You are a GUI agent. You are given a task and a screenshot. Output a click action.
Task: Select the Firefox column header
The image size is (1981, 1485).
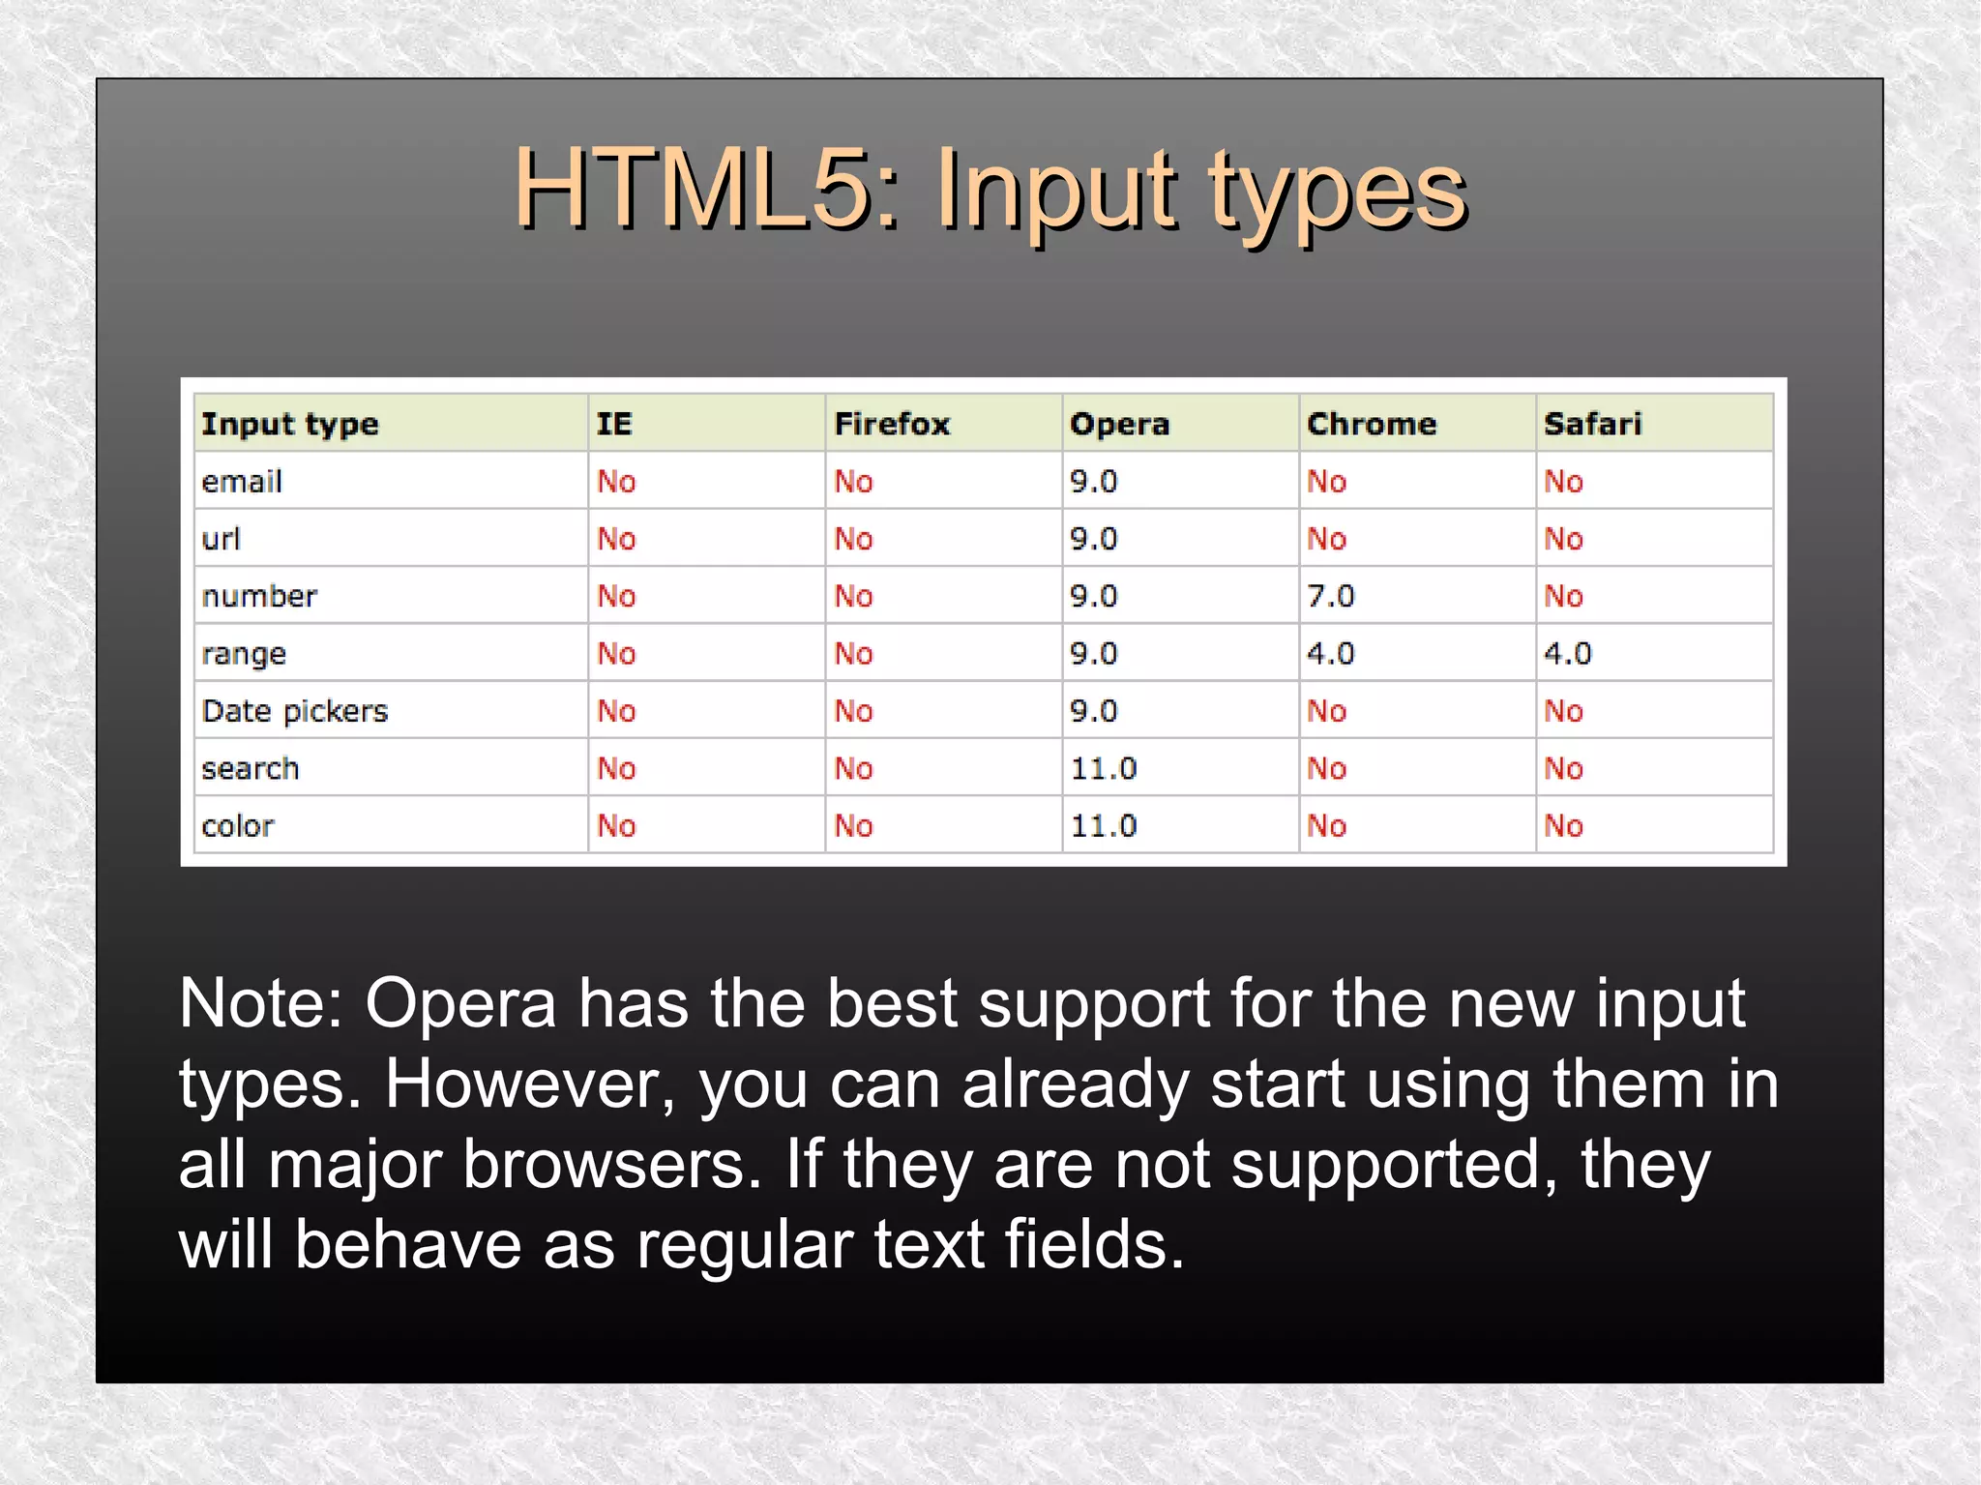click(892, 424)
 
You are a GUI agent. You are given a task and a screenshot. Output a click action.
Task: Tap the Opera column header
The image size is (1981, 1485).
click(1119, 424)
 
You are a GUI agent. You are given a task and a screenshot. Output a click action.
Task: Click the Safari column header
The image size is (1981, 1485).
click(1592, 424)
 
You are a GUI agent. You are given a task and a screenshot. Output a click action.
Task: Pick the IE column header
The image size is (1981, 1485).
click(614, 424)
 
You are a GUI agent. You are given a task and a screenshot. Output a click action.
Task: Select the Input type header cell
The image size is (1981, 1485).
click(290, 424)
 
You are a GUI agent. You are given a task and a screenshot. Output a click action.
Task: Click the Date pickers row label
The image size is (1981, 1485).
click(295, 711)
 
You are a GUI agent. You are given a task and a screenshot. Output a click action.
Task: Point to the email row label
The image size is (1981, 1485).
click(242, 481)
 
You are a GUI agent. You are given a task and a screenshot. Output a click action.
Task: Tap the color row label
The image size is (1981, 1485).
click(238, 826)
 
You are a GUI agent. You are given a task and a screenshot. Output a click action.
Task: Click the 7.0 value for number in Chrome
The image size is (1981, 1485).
click(1330, 596)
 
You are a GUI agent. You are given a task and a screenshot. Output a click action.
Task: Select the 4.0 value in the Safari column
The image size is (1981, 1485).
click(1567, 654)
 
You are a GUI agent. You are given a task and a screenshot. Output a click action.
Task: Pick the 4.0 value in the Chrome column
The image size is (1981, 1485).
click(1330, 654)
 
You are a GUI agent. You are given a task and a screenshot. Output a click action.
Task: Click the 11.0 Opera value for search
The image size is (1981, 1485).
click(1103, 769)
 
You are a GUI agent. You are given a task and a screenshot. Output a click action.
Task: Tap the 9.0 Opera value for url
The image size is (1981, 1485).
click(1093, 539)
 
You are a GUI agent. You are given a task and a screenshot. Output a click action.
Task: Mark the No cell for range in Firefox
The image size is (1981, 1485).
click(853, 654)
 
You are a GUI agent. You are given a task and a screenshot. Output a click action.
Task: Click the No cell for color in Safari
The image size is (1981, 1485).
click(1563, 826)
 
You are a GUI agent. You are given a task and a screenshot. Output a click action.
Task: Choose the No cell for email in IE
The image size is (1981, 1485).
click(616, 481)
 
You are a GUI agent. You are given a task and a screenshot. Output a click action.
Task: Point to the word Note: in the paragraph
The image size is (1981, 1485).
click(261, 1003)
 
